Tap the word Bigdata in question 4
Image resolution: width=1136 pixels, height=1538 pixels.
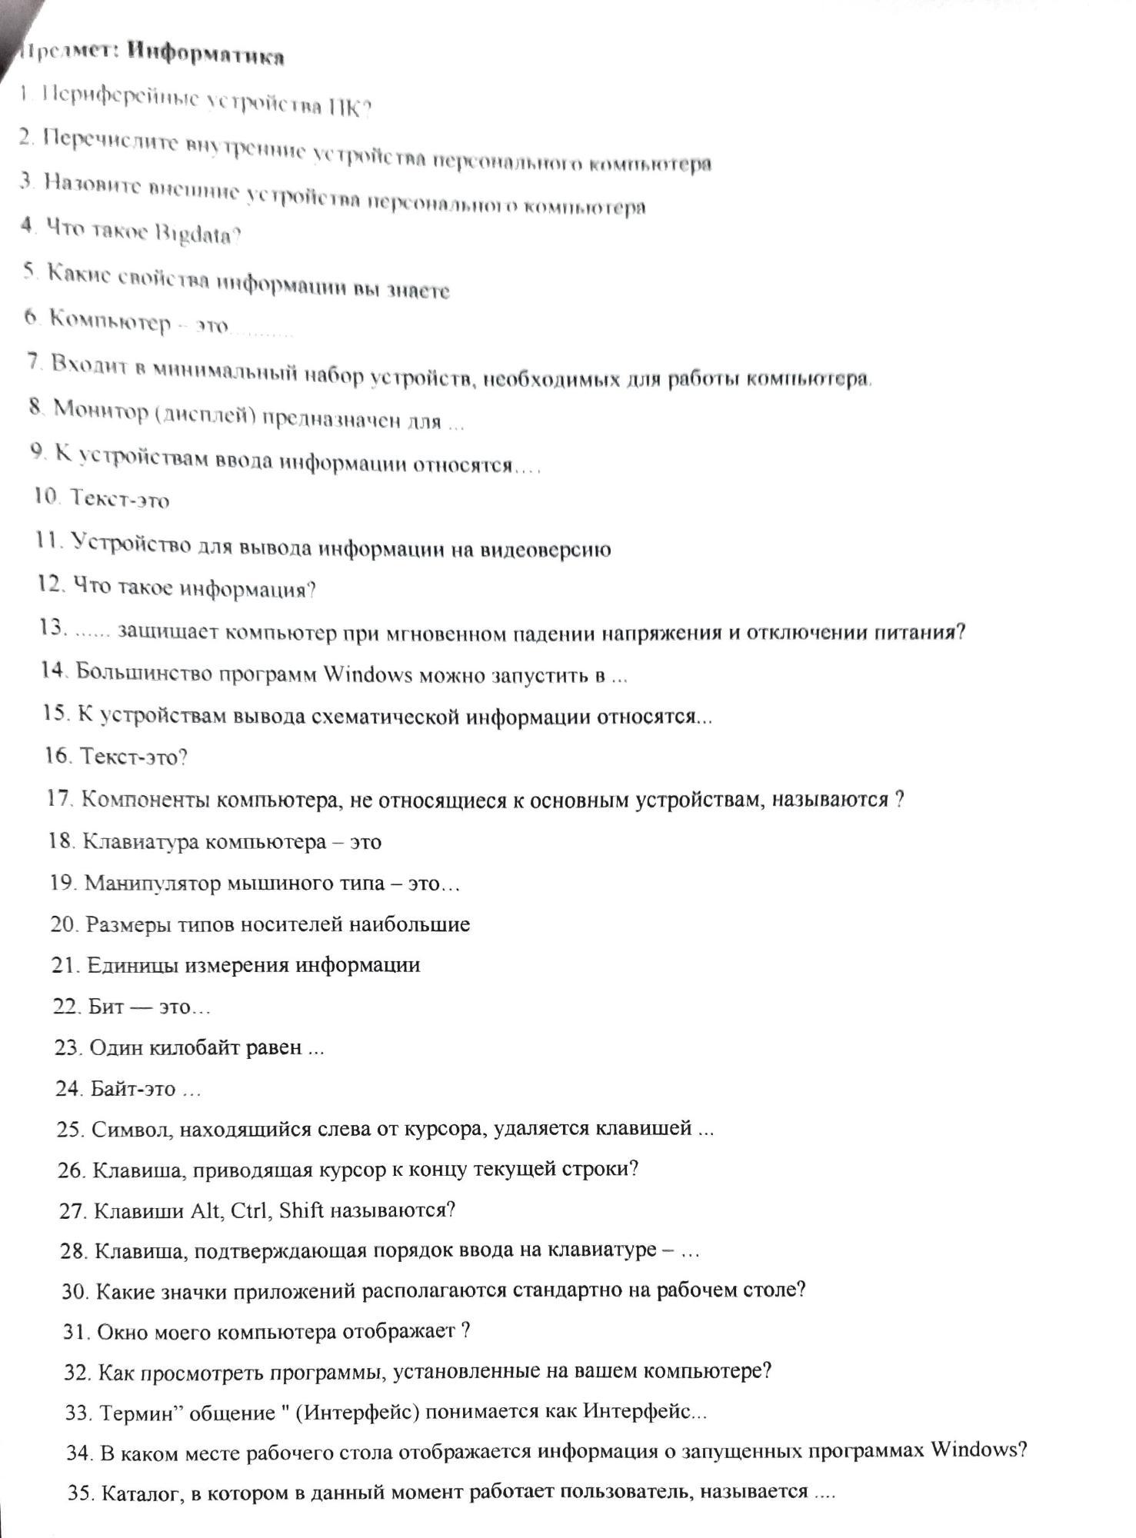[198, 235]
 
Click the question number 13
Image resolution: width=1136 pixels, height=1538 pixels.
[53, 628]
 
